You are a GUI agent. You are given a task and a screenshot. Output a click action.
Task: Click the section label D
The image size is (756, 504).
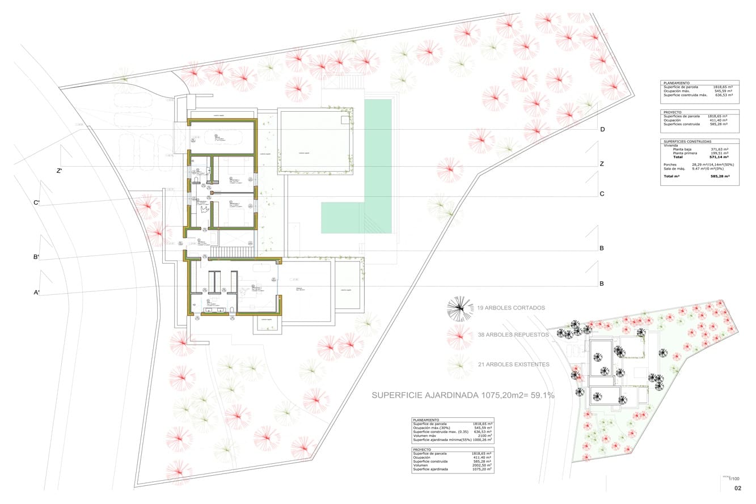pos(602,130)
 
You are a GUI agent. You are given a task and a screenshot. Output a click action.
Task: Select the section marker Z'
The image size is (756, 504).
pos(58,171)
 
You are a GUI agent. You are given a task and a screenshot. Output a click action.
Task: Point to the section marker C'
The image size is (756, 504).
pos(36,203)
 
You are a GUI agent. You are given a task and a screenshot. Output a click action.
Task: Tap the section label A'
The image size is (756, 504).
pos(36,293)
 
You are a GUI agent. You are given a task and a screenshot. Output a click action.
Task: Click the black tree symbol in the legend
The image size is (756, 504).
pos(460,309)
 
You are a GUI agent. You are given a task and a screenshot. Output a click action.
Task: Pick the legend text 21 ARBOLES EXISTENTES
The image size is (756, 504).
pos(513,364)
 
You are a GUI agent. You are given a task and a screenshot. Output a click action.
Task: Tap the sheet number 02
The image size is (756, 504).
pos(738,488)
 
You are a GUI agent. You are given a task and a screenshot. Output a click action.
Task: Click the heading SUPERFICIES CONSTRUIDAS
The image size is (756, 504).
pos(687,141)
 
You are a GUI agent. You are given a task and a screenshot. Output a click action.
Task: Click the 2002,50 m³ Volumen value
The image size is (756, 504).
pos(482,465)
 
